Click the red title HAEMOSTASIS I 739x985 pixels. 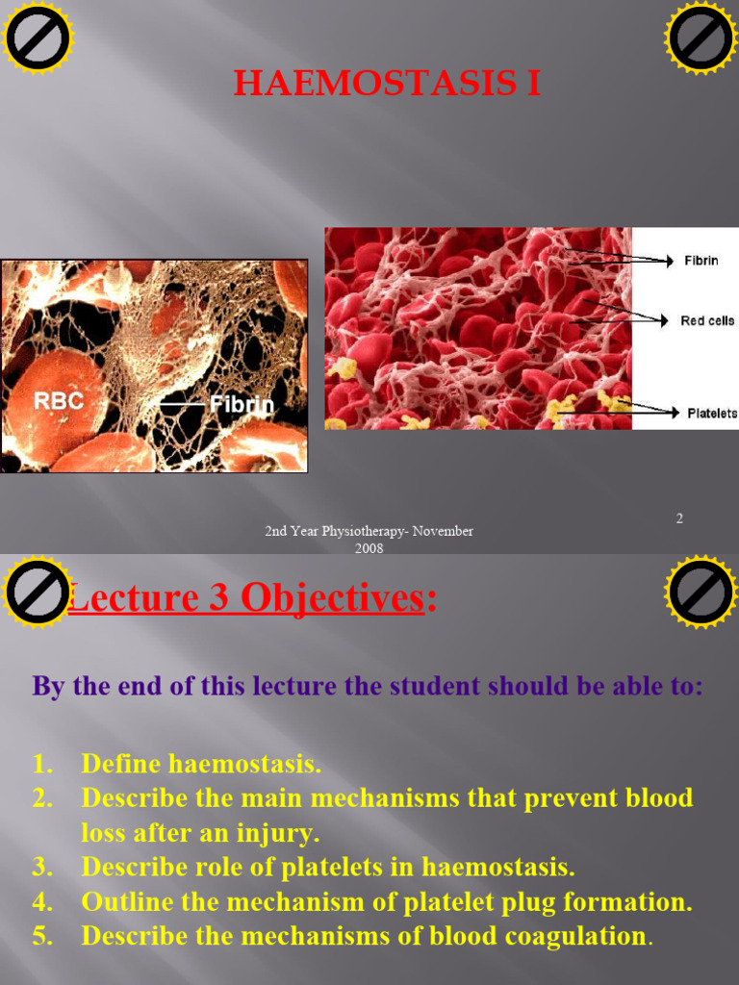click(387, 85)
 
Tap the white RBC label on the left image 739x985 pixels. click(60, 401)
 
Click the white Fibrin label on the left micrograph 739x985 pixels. click(242, 404)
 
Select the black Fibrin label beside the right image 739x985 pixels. click(701, 261)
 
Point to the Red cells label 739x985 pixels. click(707, 321)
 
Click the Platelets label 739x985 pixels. click(712, 414)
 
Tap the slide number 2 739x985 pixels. click(679, 518)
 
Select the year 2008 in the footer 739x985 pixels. click(369, 548)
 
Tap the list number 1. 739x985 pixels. click(41, 765)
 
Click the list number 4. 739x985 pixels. click(41, 902)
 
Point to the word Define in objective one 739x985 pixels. click(122, 765)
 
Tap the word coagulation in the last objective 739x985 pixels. click(579, 937)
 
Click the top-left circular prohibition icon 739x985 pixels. click(38, 38)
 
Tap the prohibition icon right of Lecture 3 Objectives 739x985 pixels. click(701, 591)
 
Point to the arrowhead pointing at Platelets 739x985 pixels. click(675, 413)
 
